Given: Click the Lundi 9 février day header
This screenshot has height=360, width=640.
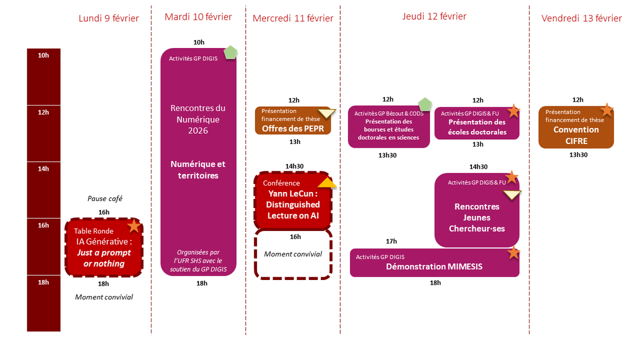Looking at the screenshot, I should (x=109, y=19).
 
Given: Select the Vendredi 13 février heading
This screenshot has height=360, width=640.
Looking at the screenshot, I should (x=581, y=19).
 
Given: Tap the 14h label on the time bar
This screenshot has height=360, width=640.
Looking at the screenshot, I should (x=44, y=169).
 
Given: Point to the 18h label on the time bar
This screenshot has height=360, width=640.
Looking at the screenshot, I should (x=44, y=283).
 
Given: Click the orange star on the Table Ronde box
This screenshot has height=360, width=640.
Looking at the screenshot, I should (x=134, y=226).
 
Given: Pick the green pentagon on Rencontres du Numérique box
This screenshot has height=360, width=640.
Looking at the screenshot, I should (x=230, y=53).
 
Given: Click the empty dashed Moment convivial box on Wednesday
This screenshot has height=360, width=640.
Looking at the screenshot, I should (x=293, y=254).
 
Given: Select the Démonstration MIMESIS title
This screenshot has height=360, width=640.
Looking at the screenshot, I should (x=434, y=267).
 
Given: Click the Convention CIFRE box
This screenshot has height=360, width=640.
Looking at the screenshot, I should (x=576, y=127).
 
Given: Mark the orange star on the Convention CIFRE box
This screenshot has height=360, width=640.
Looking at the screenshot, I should (x=606, y=110).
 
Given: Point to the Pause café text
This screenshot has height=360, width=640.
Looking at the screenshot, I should (x=105, y=198).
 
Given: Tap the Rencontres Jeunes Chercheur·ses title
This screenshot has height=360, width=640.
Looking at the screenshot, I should (x=477, y=218).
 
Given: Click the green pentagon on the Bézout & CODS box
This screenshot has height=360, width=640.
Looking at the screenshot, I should (x=425, y=103).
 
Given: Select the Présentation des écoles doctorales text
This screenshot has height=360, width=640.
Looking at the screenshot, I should (x=477, y=127).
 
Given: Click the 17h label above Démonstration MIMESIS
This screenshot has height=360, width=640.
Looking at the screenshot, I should (x=391, y=241).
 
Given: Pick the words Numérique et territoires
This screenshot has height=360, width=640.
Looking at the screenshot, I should (x=198, y=170).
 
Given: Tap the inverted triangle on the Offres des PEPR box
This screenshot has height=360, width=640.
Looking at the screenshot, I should (x=327, y=113).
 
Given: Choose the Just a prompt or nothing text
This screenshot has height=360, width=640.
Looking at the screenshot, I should (x=104, y=258).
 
